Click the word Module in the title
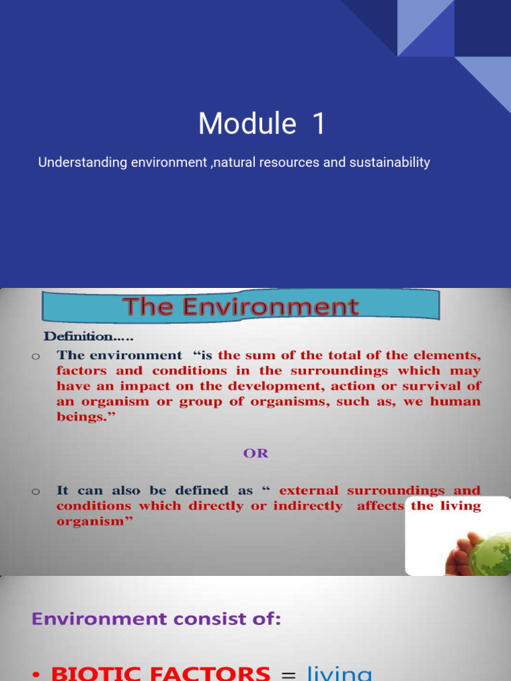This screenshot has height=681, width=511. [x=247, y=124]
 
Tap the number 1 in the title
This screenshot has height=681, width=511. [x=319, y=124]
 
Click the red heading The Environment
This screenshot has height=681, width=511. [x=241, y=307]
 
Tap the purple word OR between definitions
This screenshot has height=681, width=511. [x=255, y=454]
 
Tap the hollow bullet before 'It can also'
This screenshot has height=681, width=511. [x=36, y=491]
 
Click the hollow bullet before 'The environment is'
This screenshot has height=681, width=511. [x=36, y=356]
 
